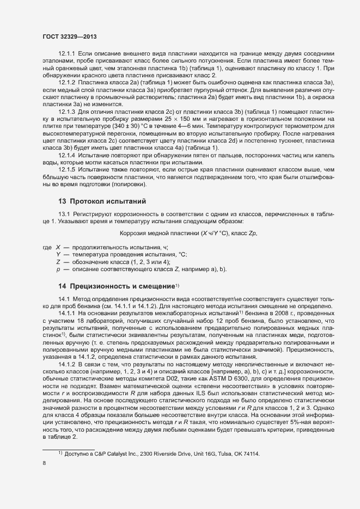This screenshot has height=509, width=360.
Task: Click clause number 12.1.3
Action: coord(67,111)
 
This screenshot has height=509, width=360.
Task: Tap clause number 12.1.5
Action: coord(67,169)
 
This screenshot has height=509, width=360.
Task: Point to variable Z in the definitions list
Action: coord(58,262)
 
